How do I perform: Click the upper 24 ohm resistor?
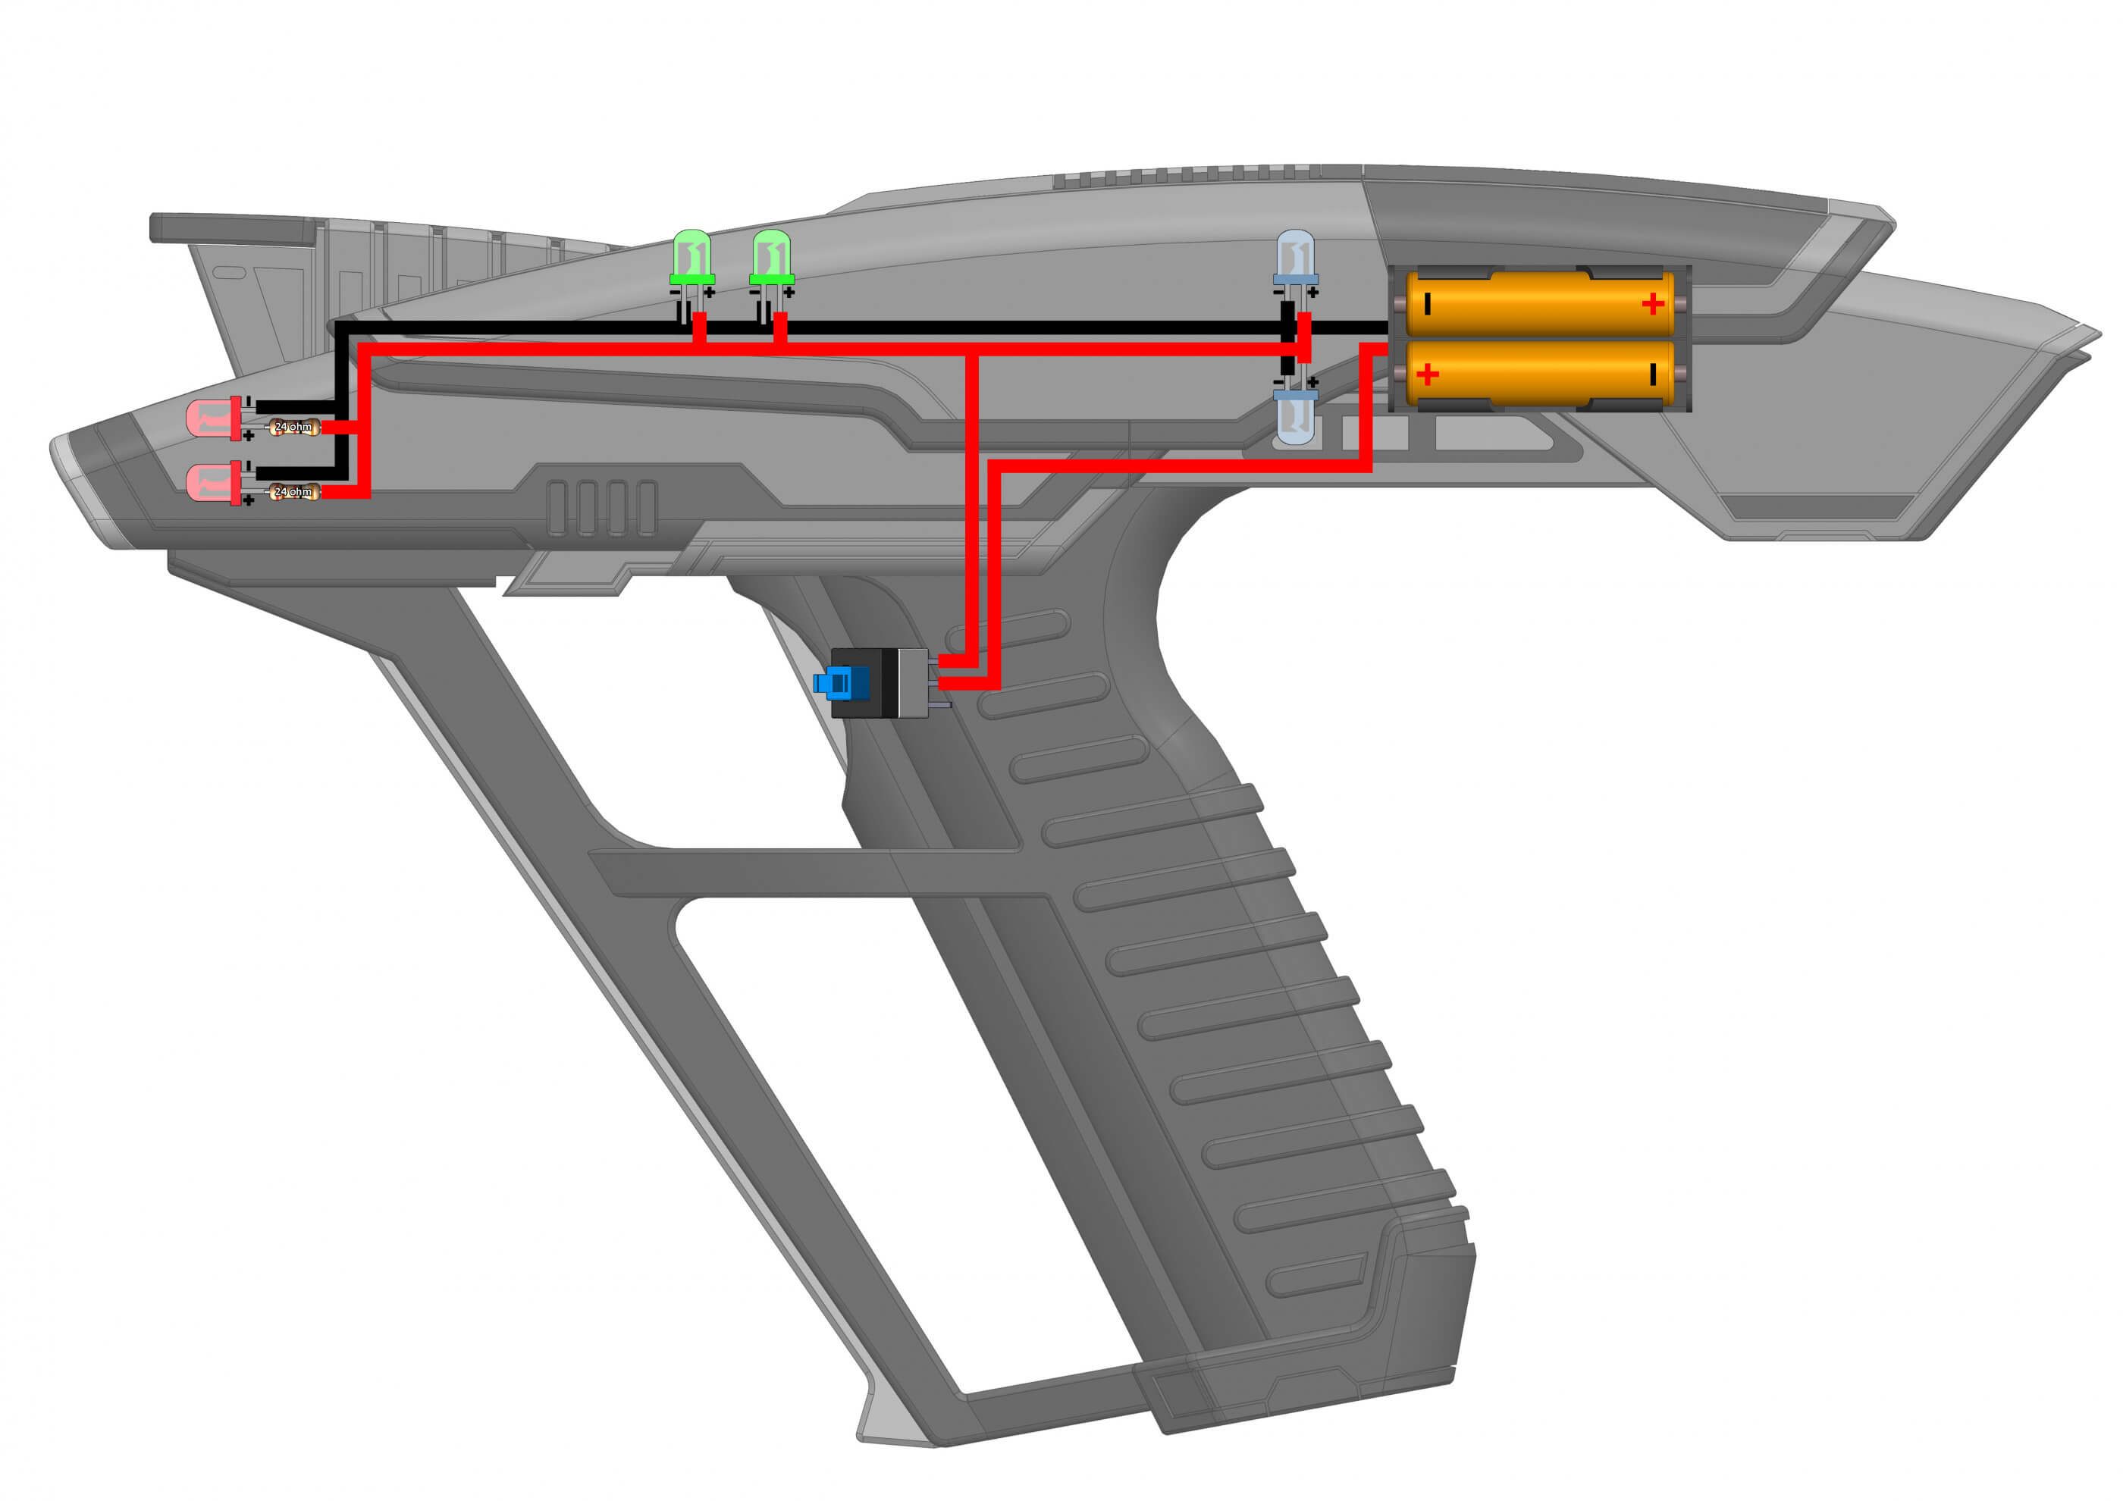point(294,427)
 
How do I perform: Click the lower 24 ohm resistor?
point(294,492)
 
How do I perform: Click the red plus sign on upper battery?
point(1652,304)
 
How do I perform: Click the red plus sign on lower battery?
point(1428,374)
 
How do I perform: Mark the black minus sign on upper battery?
point(1428,303)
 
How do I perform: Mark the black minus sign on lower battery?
point(1652,374)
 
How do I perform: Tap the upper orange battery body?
point(1539,303)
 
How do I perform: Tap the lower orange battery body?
point(1539,374)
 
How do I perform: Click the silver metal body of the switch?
point(913,684)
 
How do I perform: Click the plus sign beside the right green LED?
point(789,293)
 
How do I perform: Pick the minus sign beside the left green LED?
point(674,293)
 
